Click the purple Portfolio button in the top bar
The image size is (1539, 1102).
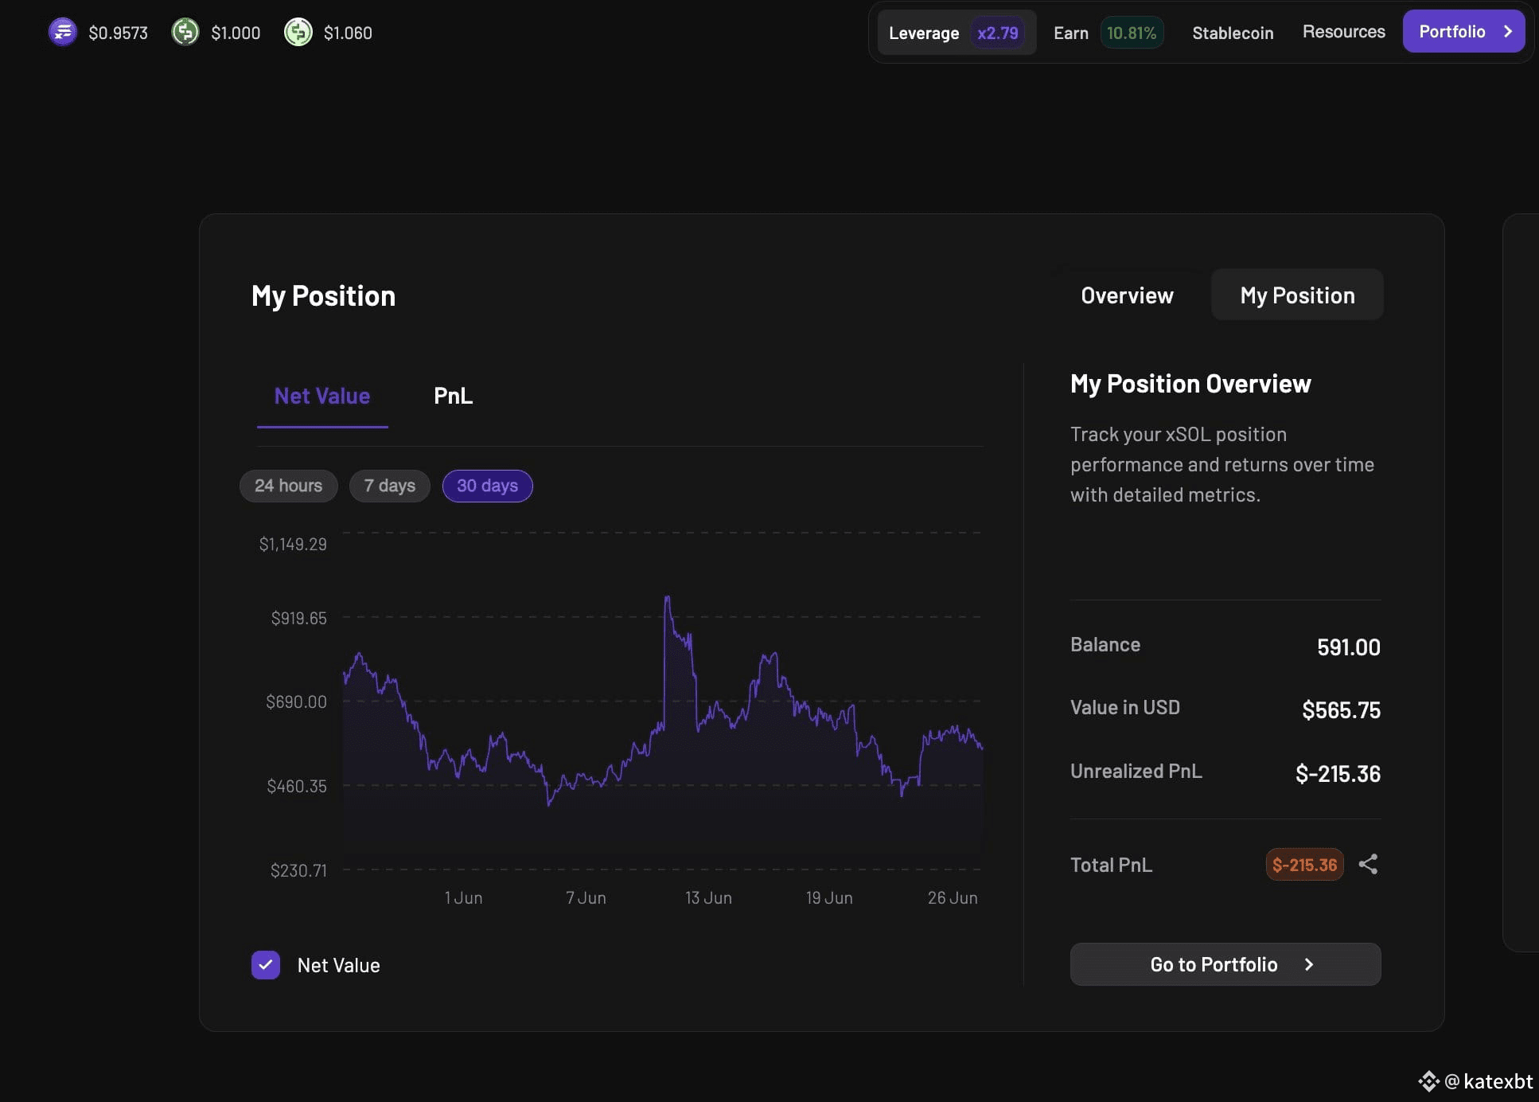[1463, 32]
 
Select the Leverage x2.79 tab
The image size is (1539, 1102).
[957, 33]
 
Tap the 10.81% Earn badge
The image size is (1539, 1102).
[1132, 33]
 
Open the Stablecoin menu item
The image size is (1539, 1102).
[1233, 33]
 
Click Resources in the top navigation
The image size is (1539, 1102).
[1343, 32]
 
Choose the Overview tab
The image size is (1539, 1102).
[1127, 295]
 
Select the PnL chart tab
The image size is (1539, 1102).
[453, 396]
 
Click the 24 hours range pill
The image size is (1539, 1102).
[288, 486]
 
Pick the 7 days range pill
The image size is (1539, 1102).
[390, 486]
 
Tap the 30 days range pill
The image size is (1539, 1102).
[487, 486]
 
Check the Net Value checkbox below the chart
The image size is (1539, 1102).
[266, 965]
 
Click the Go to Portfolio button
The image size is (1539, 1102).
[1225, 964]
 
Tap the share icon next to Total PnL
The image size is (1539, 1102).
[1368, 865]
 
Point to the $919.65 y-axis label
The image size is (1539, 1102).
[298, 618]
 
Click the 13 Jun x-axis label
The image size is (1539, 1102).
[708, 897]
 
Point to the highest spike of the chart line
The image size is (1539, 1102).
[667, 596]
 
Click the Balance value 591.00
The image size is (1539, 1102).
[1348, 647]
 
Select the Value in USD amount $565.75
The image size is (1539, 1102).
[1341, 709]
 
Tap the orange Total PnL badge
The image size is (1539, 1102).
[1304, 865]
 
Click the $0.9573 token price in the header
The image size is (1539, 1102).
[118, 33]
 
